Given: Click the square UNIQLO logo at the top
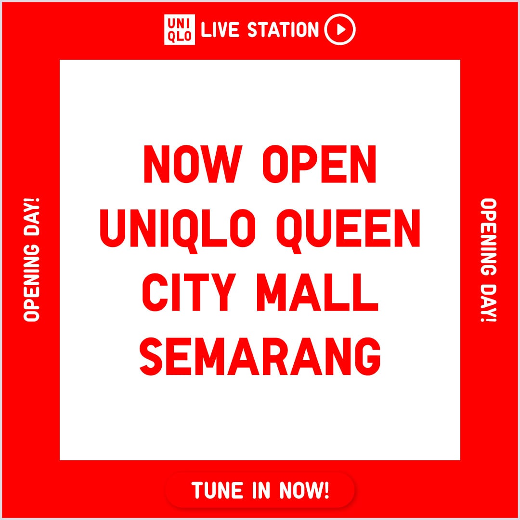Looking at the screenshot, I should pyautogui.click(x=179, y=30).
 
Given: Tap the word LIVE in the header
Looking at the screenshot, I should pyautogui.click(x=221, y=30).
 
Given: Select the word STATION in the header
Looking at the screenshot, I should pyautogui.click(x=283, y=30).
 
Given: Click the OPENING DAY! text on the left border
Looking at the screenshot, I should pyautogui.click(x=32, y=260).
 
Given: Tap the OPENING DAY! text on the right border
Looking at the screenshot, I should pyautogui.click(x=488, y=260).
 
